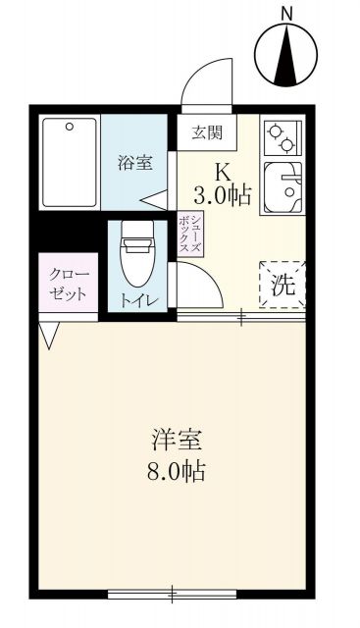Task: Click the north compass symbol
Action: click(287, 55)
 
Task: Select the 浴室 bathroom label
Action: click(135, 163)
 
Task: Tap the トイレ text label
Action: click(136, 300)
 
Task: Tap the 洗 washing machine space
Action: click(283, 284)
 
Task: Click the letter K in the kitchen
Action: click(223, 170)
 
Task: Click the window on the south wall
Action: click(171, 594)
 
